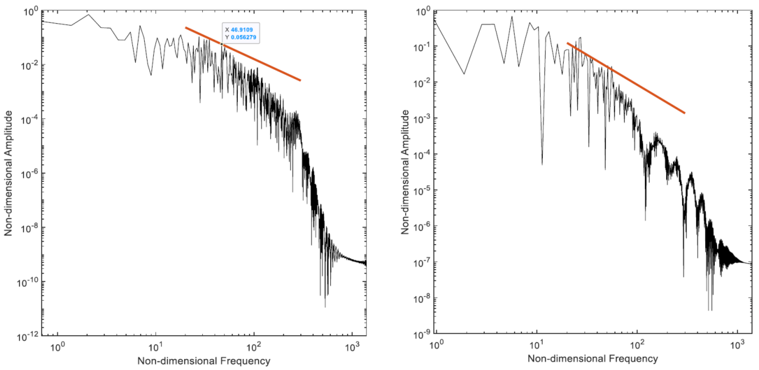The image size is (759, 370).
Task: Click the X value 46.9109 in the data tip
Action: pyautogui.click(x=242, y=29)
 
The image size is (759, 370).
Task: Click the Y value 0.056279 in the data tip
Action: pyautogui.click(x=243, y=37)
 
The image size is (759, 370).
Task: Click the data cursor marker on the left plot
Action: pyautogui.click(x=222, y=44)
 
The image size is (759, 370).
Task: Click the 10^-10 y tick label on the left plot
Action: pyautogui.click(x=28, y=282)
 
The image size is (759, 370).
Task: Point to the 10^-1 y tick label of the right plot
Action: pyautogui.click(x=422, y=47)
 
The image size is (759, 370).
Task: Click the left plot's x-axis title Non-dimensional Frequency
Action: pyautogui.click(x=204, y=361)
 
